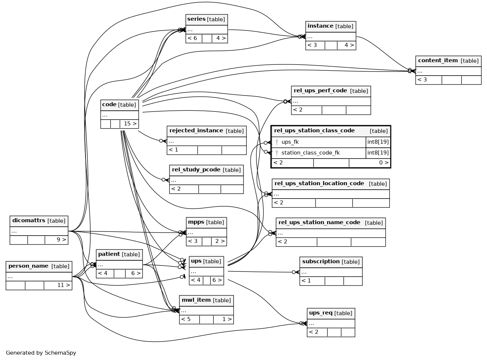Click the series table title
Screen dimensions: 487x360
coord(196,19)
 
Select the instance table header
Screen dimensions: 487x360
coord(330,26)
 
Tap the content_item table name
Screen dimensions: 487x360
coord(438,60)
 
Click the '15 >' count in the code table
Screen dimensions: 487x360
coord(130,123)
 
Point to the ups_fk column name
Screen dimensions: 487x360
coord(290,142)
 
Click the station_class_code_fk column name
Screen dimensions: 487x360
coord(310,153)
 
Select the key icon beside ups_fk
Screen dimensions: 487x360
coord(277,142)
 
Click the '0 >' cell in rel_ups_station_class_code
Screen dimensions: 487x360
coord(384,163)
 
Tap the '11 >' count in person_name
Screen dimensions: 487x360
coord(64,285)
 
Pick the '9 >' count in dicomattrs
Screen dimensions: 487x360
coord(61,240)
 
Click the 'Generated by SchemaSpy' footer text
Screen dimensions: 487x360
coord(41,353)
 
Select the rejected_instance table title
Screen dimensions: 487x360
coord(196,130)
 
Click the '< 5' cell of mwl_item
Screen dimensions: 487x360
coord(186,319)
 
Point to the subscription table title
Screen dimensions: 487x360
coord(321,261)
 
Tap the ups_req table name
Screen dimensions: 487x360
coord(320,313)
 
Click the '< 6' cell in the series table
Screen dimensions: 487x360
coord(192,38)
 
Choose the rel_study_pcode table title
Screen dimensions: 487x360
coord(196,170)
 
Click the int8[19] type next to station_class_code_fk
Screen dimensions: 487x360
coord(378,153)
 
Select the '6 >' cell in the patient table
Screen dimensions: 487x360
coord(136,273)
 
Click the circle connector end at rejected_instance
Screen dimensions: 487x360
coord(161,141)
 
